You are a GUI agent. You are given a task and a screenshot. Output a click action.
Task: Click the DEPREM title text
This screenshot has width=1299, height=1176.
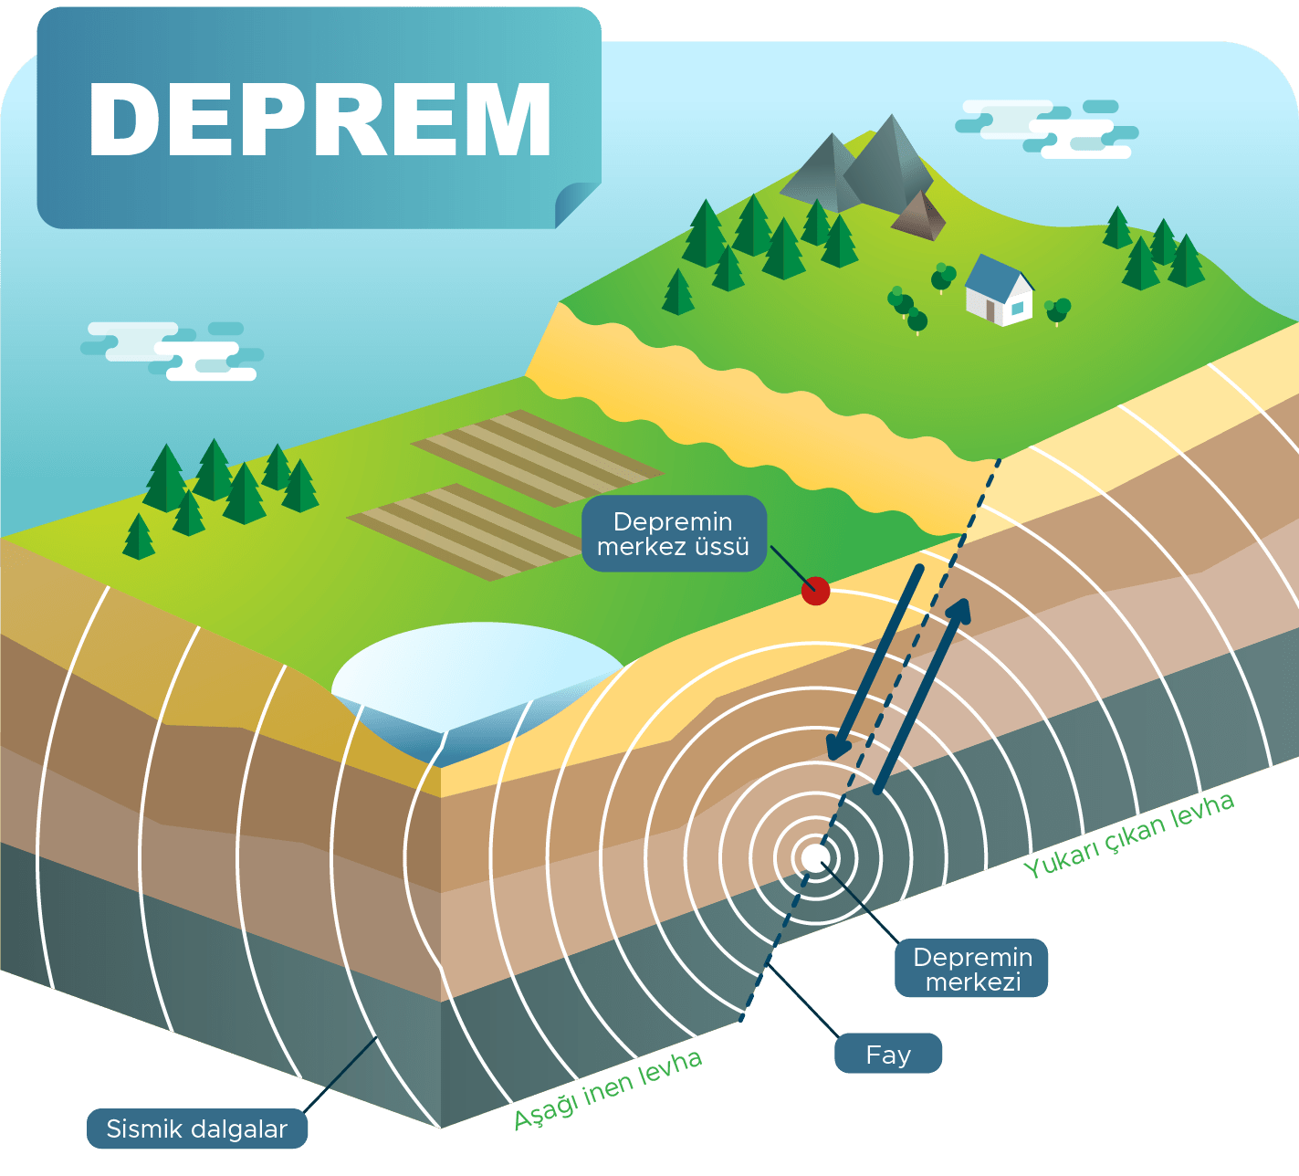click(x=320, y=120)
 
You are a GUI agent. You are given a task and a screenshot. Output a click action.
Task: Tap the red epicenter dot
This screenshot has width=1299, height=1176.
click(x=815, y=591)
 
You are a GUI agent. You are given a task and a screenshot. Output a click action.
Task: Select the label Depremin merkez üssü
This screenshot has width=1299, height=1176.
click(x=674, y=534)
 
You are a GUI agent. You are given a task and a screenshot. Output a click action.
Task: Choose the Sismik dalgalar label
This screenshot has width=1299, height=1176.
click(x=197, y=1129)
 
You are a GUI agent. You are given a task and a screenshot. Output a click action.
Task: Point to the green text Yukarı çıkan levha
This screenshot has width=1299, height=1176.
click(x=1128, y=835)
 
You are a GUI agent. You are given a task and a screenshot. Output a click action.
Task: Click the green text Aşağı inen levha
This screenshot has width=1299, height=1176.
click(x=607, y=1090)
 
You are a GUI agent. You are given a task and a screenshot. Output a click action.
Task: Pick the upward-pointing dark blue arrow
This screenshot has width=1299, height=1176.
click(x=922, y=696)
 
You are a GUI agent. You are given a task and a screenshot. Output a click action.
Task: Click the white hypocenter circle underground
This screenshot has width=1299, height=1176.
click(x=814, y=858)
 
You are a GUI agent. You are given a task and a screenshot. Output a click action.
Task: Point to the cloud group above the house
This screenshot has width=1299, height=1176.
click(x=1046, y=129)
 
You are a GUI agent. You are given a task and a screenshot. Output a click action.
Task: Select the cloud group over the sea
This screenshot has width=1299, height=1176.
click(x=172, y=351)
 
